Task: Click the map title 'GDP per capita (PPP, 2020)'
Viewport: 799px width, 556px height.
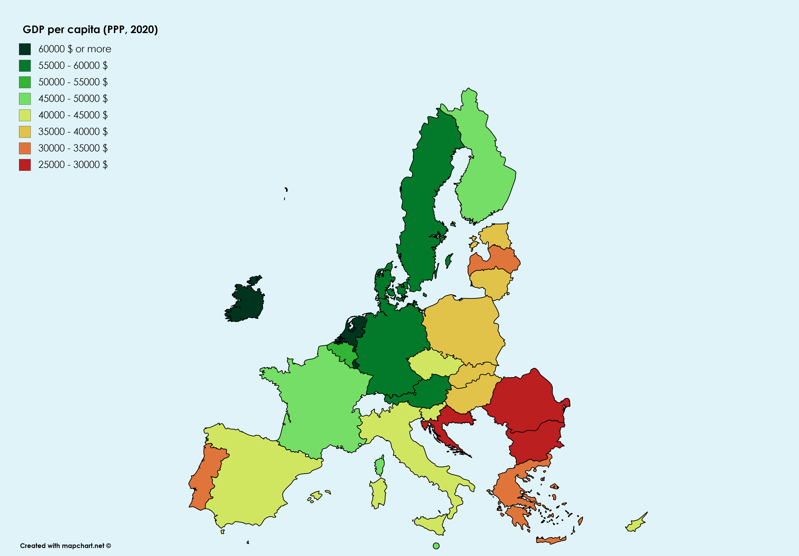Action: [90, 30]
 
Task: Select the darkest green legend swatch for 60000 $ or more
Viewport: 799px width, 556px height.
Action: [25, 49]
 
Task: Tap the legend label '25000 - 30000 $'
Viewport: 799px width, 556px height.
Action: [73, 165]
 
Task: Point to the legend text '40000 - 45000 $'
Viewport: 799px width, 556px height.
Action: [73, 115]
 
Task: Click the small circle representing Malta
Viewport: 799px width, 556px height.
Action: [436, 546]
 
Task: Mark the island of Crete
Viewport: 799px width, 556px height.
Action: [551, 540]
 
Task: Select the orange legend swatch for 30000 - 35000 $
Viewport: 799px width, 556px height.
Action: [25, 148]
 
